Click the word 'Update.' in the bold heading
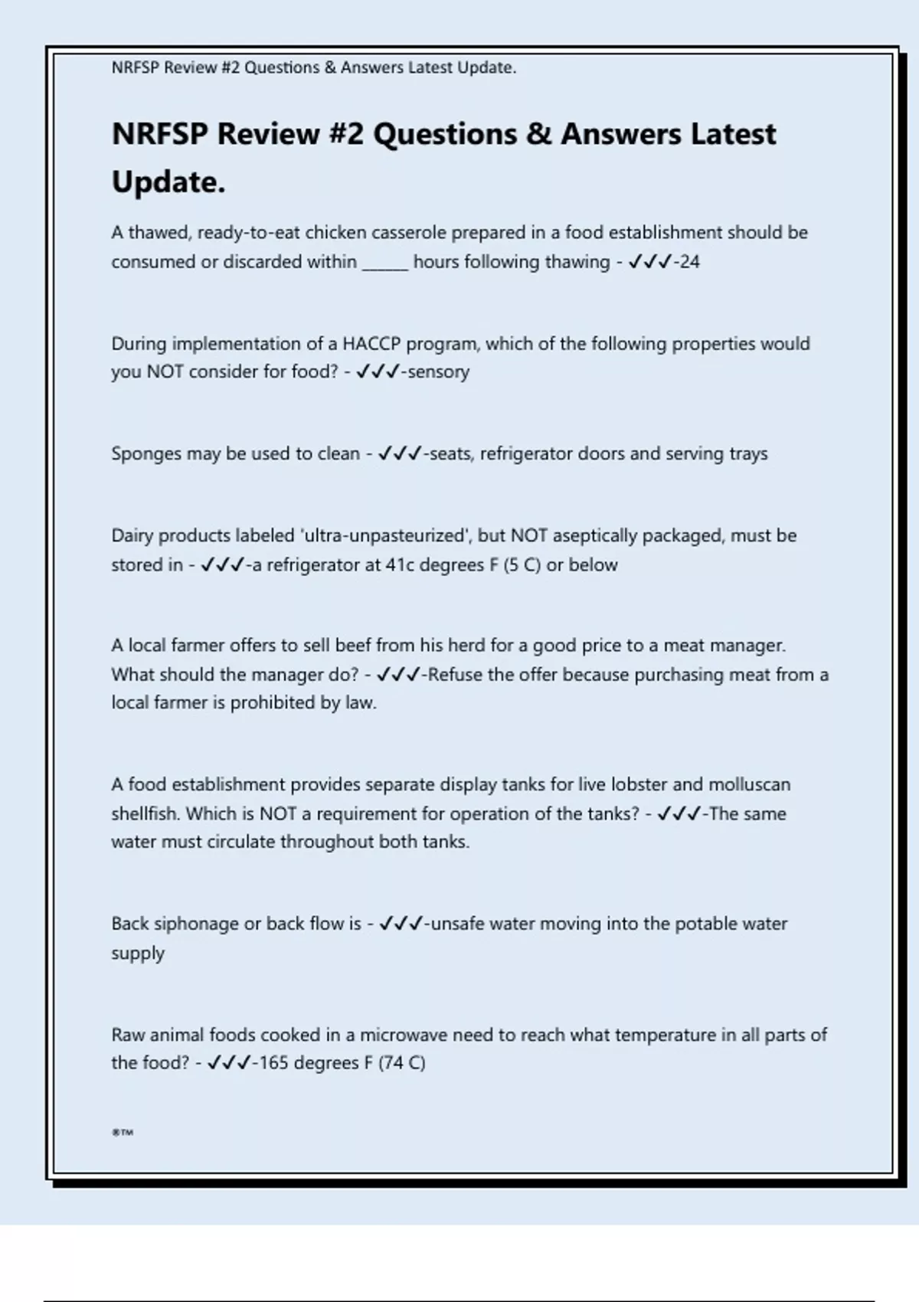(x=168, y=182)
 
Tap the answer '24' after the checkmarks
(x=689, y=262)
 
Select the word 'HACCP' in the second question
(x=371, y=343)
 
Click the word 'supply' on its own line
(x=138, y=954)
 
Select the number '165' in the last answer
(x=274, y=1063)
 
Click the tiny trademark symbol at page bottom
(x=123, y=1132)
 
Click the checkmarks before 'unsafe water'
(x=401, y=924)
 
